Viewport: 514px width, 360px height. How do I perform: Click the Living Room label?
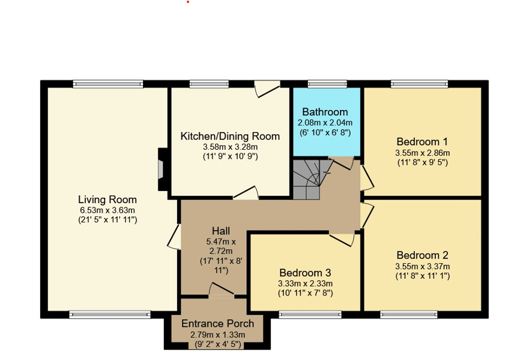pos(107,200)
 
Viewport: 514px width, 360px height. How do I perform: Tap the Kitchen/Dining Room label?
pos(230,136)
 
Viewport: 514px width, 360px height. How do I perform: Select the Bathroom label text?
pos(325,112)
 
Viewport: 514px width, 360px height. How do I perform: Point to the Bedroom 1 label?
pos(422,142)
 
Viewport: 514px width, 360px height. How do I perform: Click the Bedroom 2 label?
pos(422,255)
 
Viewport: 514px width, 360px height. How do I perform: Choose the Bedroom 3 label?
pos(305,273)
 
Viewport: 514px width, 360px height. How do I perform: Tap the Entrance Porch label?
pos(217,323)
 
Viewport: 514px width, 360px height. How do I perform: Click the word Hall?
pos(221,231)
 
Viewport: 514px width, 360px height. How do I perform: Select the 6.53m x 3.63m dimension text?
pos(107,210)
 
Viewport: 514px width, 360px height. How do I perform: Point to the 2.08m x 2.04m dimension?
pos(325,123)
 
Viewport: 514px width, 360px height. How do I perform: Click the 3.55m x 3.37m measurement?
pos(423,266)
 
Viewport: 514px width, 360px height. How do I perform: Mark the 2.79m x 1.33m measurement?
pos(217,335)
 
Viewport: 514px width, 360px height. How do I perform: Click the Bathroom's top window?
pos(327,84)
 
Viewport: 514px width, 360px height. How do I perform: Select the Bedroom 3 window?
pos(310,315)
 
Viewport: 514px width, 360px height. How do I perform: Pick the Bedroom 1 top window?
pos(419,84)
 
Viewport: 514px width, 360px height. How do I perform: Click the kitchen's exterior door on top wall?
pos(267,88)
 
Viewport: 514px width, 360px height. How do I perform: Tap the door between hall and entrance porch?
pos(222,290)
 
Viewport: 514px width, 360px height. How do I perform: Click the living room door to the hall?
pos(174,237)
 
